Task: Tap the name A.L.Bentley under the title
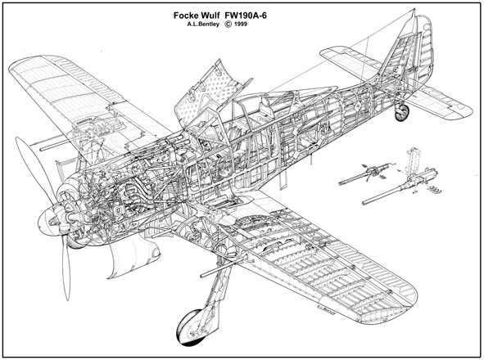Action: (x=203, y=25)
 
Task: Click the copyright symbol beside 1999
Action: (x=228, y=25)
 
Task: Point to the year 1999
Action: (x=240, y=25)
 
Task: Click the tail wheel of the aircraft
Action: (x=402, y=113)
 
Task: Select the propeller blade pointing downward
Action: (x=66, y=268)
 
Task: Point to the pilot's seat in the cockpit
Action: (x=266, y=108)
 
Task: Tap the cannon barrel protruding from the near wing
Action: (x=219, y=268)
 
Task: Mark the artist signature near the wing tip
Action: (x=326, y=308)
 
